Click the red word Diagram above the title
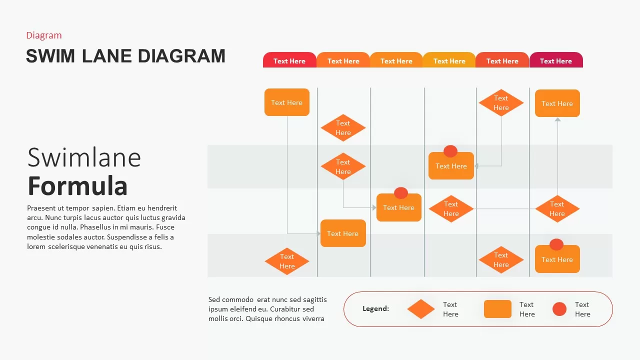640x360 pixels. point(44,35)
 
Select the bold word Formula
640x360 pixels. point(77,185)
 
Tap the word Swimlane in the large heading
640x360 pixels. point(84,157)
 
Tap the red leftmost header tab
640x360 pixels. point(289,60)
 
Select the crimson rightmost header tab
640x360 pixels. point(556,60)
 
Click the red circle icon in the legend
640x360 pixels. point(559,309)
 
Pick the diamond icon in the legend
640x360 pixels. point(421,309)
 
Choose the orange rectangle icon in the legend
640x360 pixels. point(497,309)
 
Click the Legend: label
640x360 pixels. point(375,309)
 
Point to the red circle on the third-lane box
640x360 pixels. point(401,193)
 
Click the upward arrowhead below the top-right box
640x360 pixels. point(557,119)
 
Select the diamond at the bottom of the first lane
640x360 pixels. point(287,261)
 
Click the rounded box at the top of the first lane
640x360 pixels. point(287,102)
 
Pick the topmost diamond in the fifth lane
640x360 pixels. point(501,103)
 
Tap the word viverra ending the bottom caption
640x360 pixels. point(313,318)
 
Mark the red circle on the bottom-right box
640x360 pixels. point(556,244)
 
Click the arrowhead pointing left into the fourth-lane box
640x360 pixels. point(476,166)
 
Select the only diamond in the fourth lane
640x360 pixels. point(451,209)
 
